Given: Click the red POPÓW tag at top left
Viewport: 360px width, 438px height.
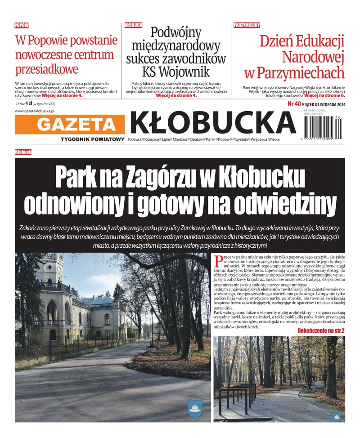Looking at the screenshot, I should point(22,26).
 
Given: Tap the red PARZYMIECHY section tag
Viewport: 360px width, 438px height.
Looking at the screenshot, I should point(247,26).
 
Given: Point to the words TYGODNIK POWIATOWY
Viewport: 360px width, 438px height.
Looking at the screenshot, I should point(92,139).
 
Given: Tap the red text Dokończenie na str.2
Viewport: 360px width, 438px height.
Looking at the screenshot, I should point(321,331).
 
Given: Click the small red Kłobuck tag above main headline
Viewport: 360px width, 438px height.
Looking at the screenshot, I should point(23,152).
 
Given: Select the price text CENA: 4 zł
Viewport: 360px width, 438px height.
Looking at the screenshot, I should point(26,103).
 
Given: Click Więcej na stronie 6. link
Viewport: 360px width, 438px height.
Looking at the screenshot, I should point(324,95).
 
